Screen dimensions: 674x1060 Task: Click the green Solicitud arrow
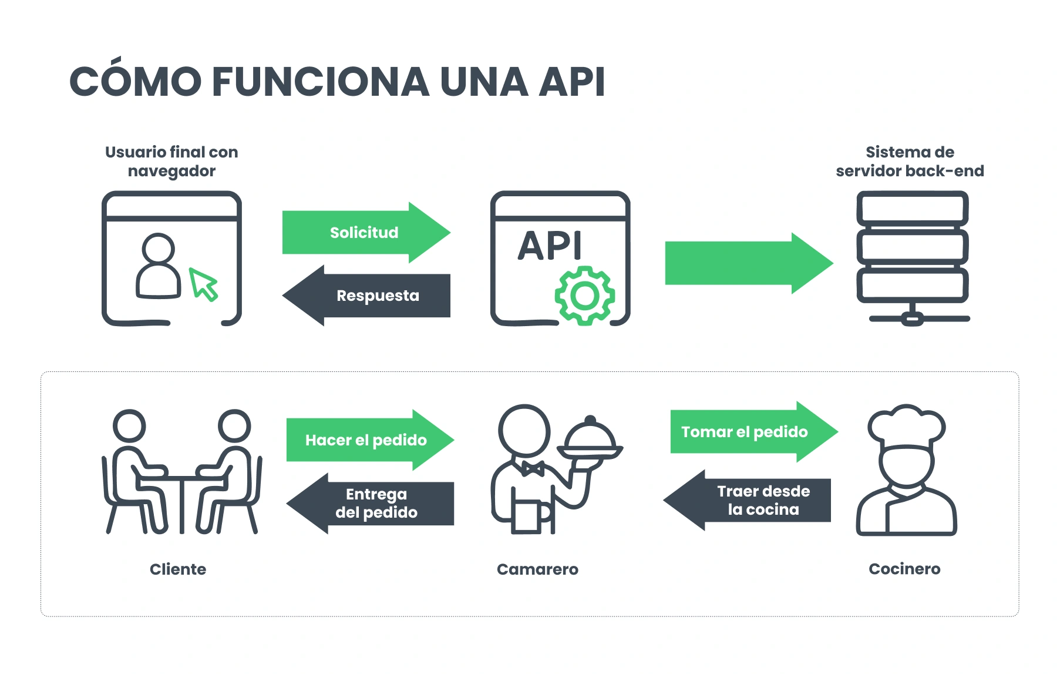click(365, 233)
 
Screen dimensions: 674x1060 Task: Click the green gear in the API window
click(584, 296)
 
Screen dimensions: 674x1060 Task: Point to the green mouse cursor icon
click(203, 284)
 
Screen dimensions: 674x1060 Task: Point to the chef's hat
click(906, 425)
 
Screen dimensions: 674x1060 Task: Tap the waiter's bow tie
click(533, 469)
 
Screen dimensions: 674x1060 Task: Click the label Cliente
click(178, 569)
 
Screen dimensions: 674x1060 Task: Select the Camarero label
click(537, 569)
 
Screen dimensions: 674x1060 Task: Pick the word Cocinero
click(904, 569)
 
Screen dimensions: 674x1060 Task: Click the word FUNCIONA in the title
click(321, 82)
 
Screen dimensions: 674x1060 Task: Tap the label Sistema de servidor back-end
click(910, 162)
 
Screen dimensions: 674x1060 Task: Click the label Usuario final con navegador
click(171, 162)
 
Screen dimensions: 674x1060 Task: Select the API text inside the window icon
click(550, 246)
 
